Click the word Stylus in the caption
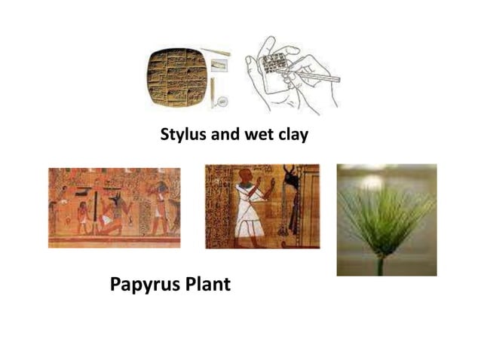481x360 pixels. pos(182,136)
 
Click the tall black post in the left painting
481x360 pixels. pos(96,208)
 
